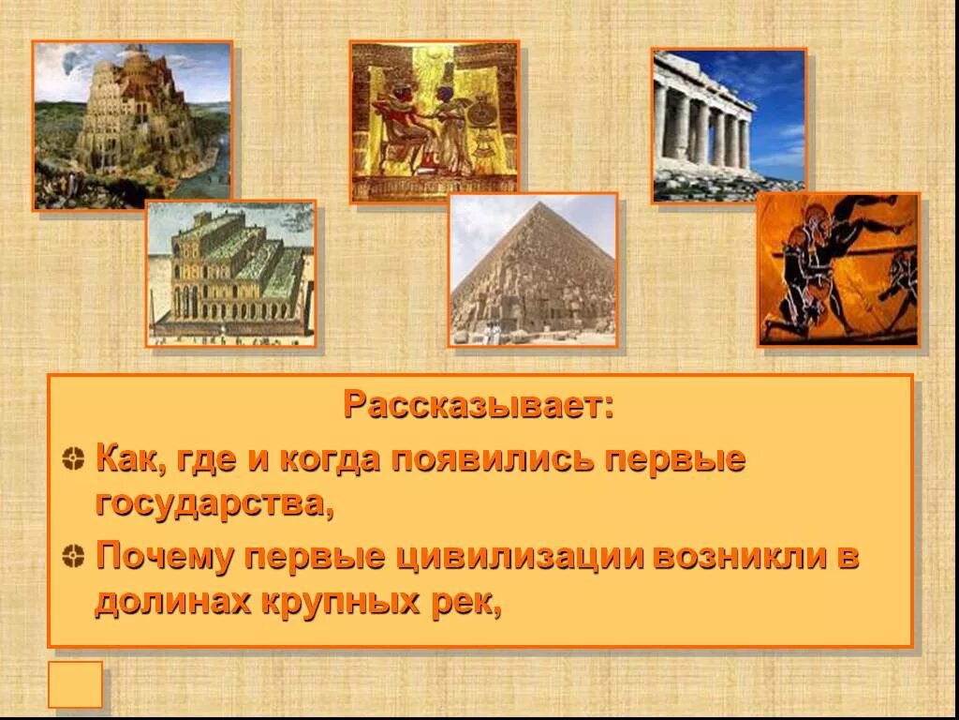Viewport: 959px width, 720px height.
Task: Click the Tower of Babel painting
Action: (x=132, y=126)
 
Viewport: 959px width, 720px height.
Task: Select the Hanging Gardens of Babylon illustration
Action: (x=230, y=274)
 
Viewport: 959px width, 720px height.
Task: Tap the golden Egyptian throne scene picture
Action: (x=435, y=122)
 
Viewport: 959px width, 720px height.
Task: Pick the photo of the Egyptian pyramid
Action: (x=533, y=270)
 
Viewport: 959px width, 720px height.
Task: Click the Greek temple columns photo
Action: (x=729, y=126)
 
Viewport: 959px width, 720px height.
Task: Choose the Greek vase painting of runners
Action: (x=838, y=270)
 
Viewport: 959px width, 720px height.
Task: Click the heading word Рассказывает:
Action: (x=479, y=405)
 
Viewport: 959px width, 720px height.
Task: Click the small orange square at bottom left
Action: (x=75, y=684)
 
